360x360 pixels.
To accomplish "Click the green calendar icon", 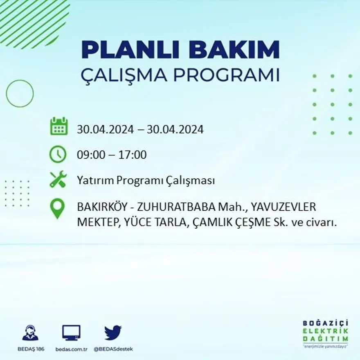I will (x=59, y=126).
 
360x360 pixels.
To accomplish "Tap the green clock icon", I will (x=58, y=155).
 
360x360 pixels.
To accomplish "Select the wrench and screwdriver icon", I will (x=58, y=179).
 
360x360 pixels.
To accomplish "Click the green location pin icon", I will (x=57, y=209).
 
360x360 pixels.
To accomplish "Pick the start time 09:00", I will (x=90, y=155).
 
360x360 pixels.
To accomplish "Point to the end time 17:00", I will (x=132, y=155).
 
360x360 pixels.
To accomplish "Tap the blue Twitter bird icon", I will (x=113, y=333).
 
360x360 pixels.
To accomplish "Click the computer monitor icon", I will (x=71, y=333).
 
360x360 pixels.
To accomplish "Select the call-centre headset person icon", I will (x=31, y=333).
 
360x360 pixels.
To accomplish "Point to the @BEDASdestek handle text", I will (x=113, y=349).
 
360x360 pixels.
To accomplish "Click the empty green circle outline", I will (x=20, y=94).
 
